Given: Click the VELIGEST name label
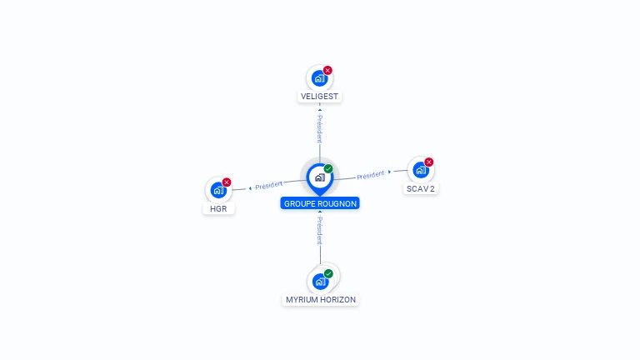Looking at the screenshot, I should pos(320,97).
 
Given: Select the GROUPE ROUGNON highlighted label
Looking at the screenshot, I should pos(320,203).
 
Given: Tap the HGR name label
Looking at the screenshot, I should pos(218,208).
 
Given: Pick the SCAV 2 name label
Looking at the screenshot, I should pos(421,188).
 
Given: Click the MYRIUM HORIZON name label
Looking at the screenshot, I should pos(321,300).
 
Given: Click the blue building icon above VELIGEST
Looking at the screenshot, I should pos(318,78).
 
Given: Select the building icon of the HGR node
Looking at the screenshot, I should pos(217,190).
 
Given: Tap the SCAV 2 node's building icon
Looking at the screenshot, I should pos(420,170).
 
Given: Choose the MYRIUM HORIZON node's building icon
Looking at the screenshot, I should pos(319,282).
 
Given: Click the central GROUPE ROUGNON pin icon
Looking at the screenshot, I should pos(319,177).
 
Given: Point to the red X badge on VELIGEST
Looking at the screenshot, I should pos(327,70).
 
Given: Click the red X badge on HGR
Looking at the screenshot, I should pos(227,182).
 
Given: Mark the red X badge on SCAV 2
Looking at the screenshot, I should pos(429,162).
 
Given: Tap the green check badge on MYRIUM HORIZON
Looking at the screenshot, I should pos(328,273).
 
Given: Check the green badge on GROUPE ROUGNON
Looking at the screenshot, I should pos(328,168).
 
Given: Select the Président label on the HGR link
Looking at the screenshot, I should pos(268,185).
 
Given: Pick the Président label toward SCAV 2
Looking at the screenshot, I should pos(370,175).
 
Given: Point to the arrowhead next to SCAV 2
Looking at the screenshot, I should pos(389,172).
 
